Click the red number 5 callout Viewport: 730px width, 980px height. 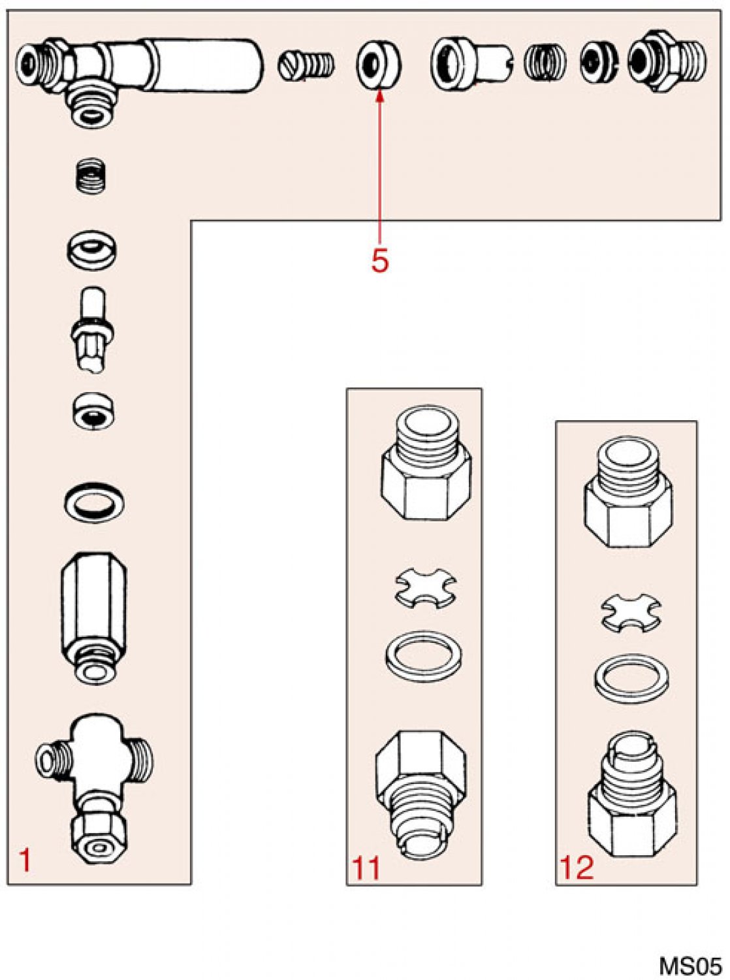379,261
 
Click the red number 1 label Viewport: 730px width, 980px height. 25,860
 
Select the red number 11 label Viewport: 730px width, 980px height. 366,868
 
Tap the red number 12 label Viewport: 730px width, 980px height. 577,868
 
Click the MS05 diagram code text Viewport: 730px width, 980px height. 690,966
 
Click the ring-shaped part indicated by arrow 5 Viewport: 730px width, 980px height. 378,64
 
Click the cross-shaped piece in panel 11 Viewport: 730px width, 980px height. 425,587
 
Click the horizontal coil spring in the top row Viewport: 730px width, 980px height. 544,63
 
